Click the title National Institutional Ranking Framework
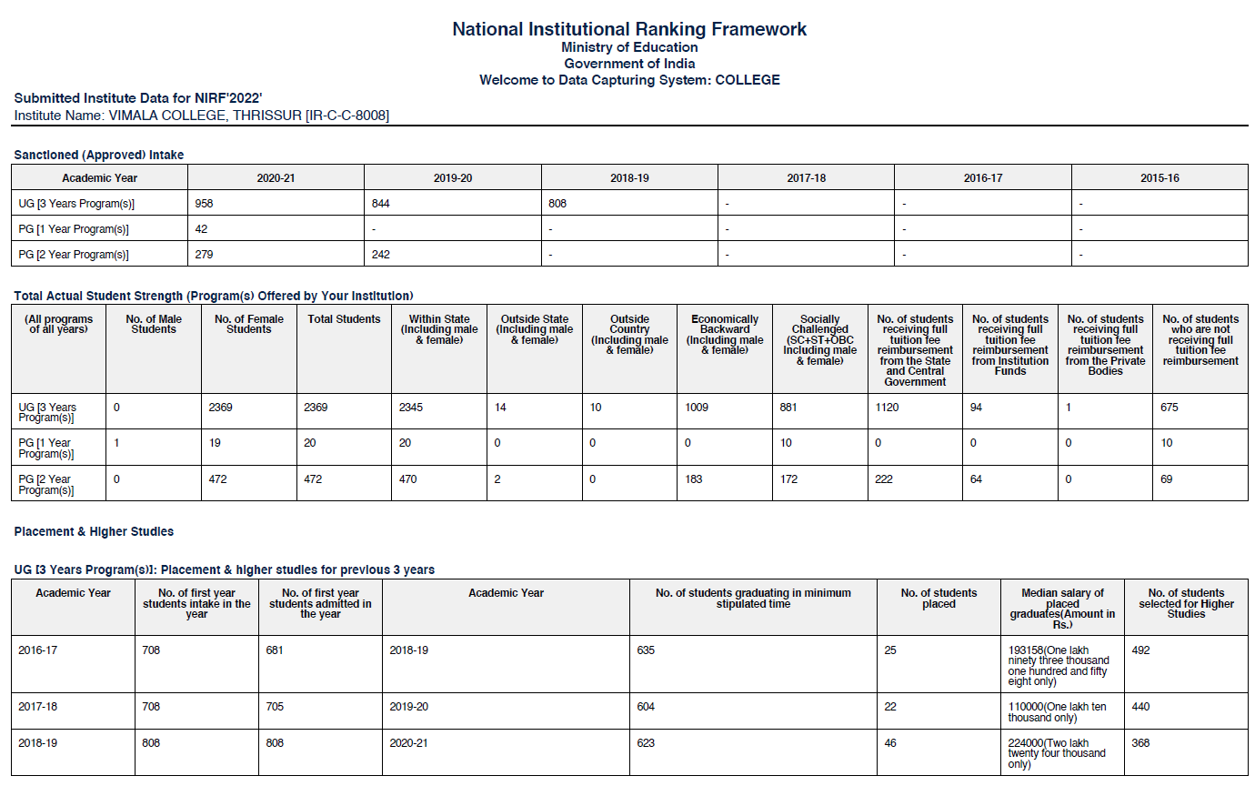coord(628,29)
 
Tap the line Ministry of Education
coord(629,47)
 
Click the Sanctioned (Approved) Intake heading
coord(99,155)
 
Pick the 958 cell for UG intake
coord(204,204)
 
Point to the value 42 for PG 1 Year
coord(201,229)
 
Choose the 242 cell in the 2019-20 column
coord(380,255)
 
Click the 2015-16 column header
coord(1160,178)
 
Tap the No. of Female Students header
coord(248,324)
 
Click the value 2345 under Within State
coord(411,408)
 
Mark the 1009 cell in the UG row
coord(697,408)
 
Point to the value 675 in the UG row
coord(1169,408)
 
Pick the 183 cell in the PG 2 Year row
coord(694,479)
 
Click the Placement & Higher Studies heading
coord(94,531)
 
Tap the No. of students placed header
coord(939,598)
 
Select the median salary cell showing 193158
coord(1059,666)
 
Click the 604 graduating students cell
coord(646,707)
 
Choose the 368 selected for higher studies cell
coord(1140,743)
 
